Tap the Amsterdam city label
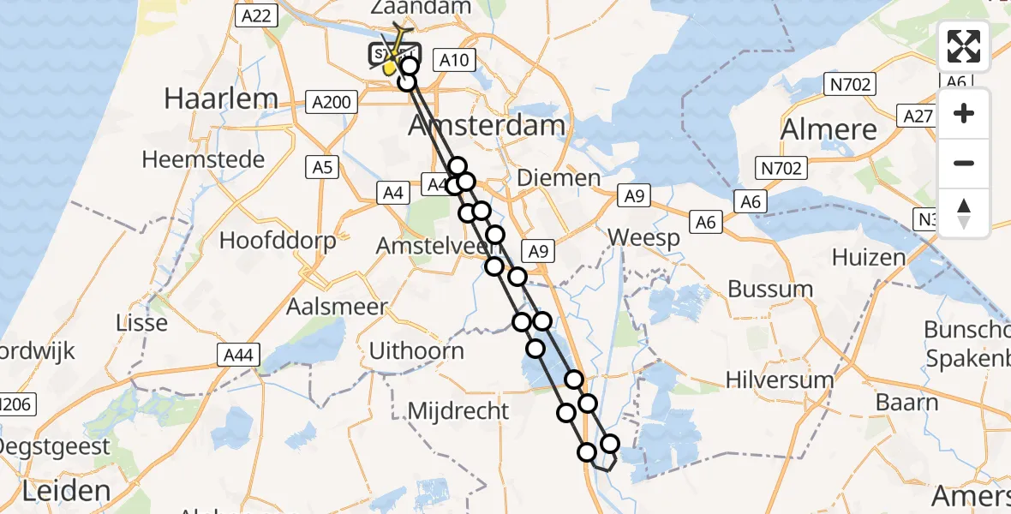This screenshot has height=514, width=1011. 486,126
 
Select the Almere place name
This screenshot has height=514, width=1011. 829,130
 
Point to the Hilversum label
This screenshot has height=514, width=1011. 779,380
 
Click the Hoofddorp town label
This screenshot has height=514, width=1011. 278,241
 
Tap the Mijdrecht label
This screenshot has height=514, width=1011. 458,411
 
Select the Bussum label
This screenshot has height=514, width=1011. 770,289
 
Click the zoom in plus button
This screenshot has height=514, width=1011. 964,113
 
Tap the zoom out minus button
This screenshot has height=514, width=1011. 964,163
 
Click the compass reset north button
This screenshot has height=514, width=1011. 964,212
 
